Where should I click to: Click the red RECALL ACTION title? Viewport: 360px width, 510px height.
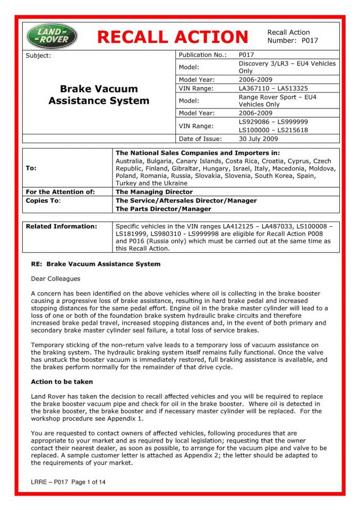tap(173, 37)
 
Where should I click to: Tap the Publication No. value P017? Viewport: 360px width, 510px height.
tap(247, 55)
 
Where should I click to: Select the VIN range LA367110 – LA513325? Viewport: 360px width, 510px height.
tap(273, 88)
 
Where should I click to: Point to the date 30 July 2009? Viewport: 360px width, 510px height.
tap(258, 139)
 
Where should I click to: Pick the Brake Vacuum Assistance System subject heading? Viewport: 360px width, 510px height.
tap(99, 95)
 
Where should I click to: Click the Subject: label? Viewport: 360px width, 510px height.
tap(38, 56)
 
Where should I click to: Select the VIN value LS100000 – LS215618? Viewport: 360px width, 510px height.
tap(273, 130)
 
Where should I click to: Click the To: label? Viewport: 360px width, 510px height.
tap(31, 168)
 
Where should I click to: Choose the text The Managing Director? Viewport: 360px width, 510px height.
tap(154, 192)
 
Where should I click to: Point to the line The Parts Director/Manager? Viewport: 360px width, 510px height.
tap(163, 209)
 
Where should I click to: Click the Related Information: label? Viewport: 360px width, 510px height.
tap(62, 226)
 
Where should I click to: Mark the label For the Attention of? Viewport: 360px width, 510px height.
tap(60, 192)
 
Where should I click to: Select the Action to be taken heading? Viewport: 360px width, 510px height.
tap(62, 381)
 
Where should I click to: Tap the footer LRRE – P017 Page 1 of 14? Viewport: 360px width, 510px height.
tap(68, 482)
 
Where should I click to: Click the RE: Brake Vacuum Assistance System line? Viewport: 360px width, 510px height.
tap(96, 263)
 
